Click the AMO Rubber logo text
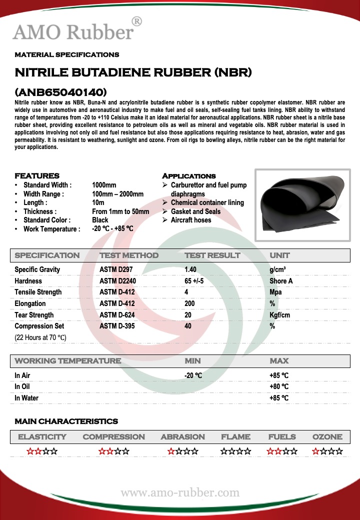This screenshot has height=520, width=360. point(73,31)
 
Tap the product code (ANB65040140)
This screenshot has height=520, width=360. point(60,92)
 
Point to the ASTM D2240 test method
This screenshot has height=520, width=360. point(117,281)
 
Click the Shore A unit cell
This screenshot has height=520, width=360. point(281,281)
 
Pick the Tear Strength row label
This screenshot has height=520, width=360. point(34,315)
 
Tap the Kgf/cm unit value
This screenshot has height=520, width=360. point(279,315)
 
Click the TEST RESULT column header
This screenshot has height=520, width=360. point(212,255)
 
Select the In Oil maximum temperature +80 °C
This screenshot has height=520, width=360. point(279,386)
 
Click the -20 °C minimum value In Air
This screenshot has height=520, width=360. point(193,375)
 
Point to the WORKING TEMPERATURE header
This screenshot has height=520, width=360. point(67,361)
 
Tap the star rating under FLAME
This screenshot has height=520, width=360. point(235,451)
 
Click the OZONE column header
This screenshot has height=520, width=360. point(327,437)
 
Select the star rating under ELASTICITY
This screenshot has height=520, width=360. point(42,451)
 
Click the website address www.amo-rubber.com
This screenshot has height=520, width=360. point(180,493)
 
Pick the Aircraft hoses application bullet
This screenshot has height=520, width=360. point(190,220)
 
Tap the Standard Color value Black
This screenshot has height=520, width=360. point(100,220)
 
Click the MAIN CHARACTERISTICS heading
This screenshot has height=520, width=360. point(66,421)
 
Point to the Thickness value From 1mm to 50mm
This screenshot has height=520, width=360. point(120,211)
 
